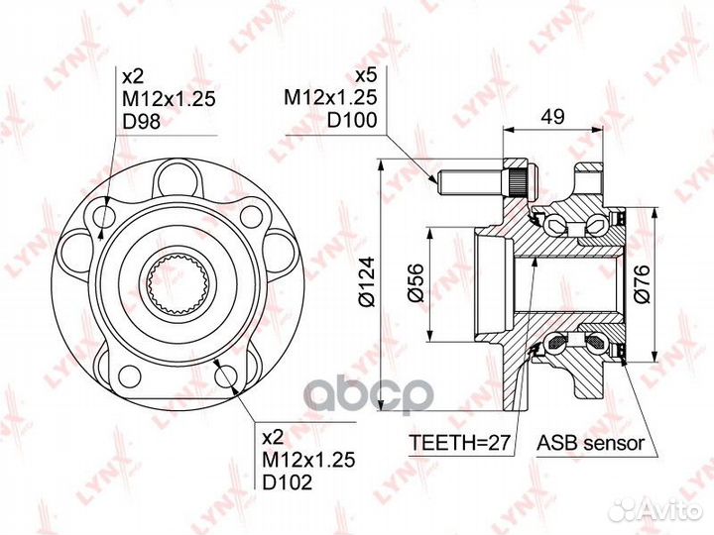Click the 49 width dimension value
point(552,116)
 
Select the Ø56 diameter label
point(416,282)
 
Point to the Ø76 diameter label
point(642,284)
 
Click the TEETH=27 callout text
point(458,442)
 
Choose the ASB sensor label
point(591,442)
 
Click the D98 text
point(142,122)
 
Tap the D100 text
point(352,120)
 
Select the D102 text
point(288,481)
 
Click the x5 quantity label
point(366,75)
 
